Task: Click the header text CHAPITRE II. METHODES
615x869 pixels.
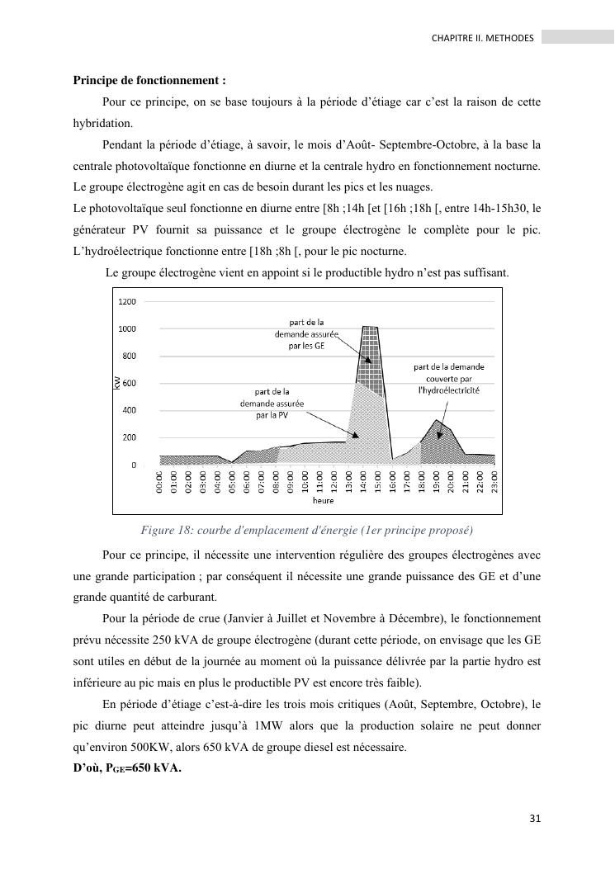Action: pos(483,38)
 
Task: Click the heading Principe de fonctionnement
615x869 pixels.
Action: pos(149,81)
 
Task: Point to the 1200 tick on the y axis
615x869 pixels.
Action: pos(126,302)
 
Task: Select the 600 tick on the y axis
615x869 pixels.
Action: pos(130,384)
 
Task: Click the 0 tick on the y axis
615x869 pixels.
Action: pos(134,465)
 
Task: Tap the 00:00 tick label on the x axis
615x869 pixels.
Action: pos(160,482)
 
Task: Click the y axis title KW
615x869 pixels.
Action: pos(115,382)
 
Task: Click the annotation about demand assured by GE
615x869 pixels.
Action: pos(305,333)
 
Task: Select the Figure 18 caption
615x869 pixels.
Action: pos(306,529)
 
